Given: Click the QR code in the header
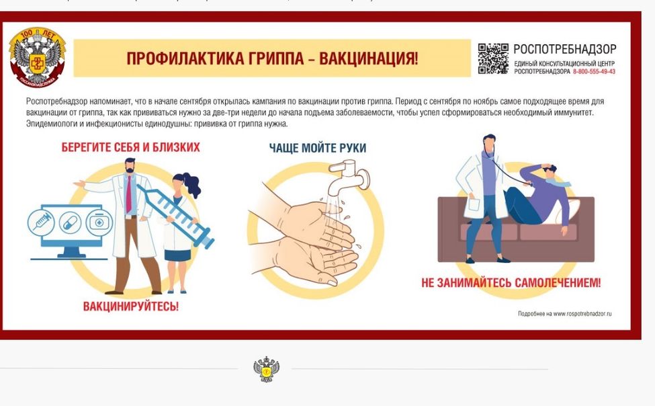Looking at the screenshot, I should pos(493,58).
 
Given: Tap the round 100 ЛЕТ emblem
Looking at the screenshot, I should pos(38,56).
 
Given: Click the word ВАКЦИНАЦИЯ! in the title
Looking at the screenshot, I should pos(368,58).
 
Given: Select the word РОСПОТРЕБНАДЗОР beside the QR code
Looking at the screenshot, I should pos(564,49).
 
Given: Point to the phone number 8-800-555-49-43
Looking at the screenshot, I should pos(594,71).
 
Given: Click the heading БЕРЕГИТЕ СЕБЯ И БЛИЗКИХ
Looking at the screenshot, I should pos(130,147).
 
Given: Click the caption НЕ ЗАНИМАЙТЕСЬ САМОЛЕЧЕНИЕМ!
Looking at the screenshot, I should pos(511,283).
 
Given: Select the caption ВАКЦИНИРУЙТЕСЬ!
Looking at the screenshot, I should pos(131,307).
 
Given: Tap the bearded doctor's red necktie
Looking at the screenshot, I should pos(128,194).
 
